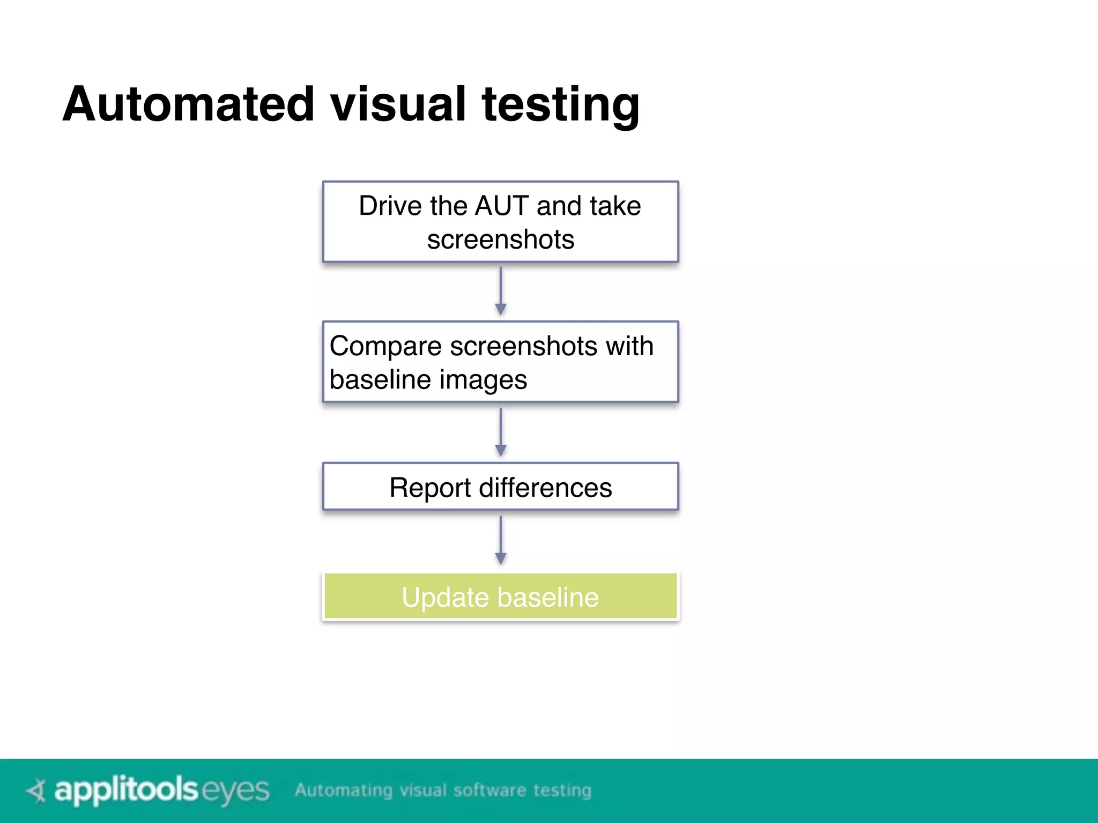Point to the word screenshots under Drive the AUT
(500, 240)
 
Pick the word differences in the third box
(545, 488)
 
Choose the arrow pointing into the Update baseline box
(501, 540)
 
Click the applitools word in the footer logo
(127, 790)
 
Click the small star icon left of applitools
(37, 790)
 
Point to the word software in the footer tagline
(489, 790)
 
